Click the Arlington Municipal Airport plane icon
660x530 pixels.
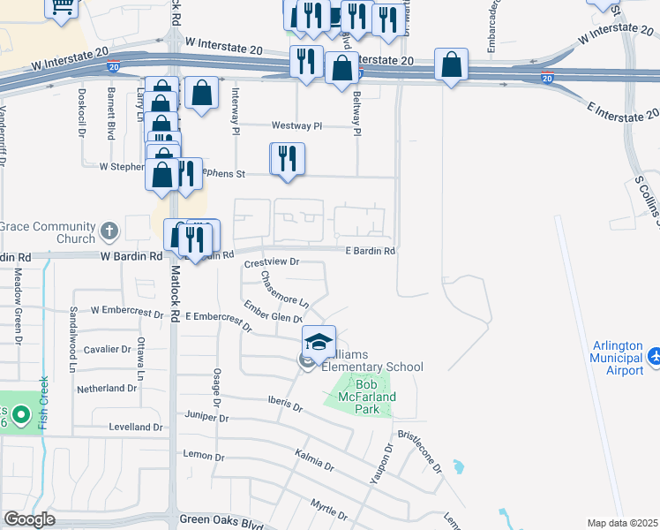(655, 356)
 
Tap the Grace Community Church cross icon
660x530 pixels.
(109, 232)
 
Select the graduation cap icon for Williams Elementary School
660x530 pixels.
(319, 340)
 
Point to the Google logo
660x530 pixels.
(29, 519)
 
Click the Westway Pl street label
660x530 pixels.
(298, 126)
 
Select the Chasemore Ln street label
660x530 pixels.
(284, 288)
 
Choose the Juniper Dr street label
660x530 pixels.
(206, 416)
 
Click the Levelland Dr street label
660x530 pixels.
(135, 427)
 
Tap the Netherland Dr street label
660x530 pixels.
(108, 388)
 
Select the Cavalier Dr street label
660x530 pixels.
(106, 349)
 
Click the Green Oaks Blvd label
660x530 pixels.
(221, 522)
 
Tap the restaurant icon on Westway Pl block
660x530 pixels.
(288, 159)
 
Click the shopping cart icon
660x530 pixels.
(62, 7)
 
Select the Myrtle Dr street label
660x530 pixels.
(329, 504)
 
